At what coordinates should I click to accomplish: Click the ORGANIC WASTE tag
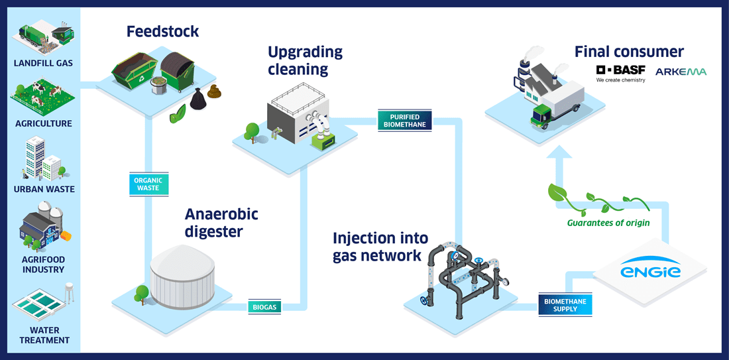pyautogui.click(x=147, y=184)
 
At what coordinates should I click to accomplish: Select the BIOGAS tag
pyautogui.click(x=264, y=307)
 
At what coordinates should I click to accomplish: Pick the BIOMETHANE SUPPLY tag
pyautogui.click(x=565, y=305)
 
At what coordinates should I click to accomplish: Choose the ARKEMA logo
pyautogui.click(x=681, y=72)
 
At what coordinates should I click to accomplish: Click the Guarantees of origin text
pyautogui.click(x=608, y=223)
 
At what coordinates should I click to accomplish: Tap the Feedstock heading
pyautogui.click(x=163, y=31)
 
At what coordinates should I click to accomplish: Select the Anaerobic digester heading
pyautogui.click(x=221, y=223)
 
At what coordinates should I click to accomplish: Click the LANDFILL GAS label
pyautogui.click(x=43, y=64)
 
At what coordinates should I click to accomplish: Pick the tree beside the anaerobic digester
pyautogui.click(x=140, y=292)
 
